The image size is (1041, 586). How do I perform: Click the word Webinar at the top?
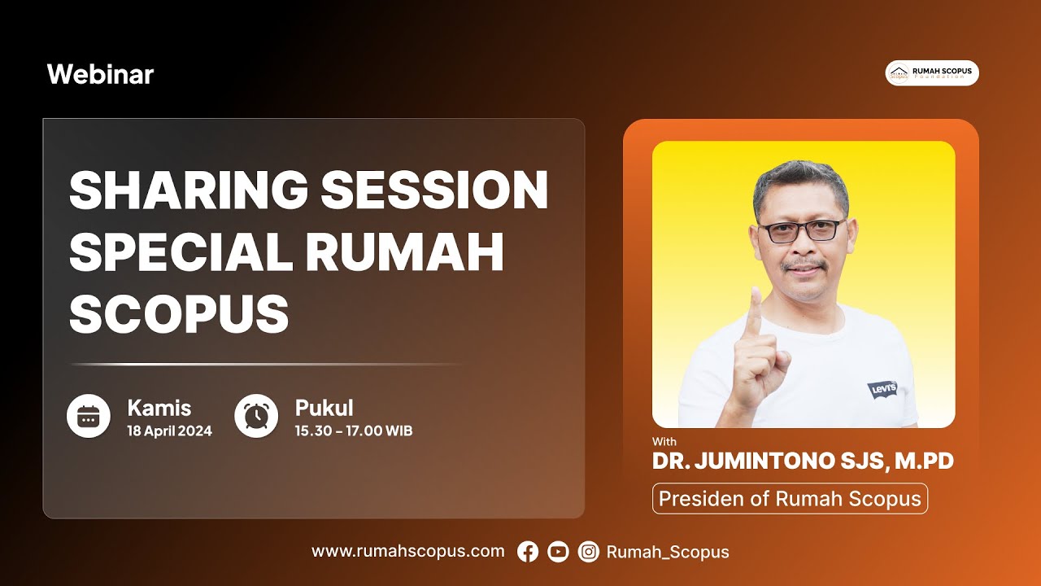(100, 75)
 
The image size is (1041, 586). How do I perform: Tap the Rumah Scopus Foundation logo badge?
(932, 73)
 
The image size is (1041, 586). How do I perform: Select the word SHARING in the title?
(188, 190)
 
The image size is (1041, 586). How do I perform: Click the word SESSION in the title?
(434, 190)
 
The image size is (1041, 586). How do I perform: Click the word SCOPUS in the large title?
(179, 313)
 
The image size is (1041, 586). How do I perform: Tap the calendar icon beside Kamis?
(88, 416)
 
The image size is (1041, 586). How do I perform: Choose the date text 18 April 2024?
(169, 431)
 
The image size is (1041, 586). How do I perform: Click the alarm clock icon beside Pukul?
(256, 416)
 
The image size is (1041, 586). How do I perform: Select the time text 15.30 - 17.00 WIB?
(354, 431)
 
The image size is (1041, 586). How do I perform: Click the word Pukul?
(324, 408)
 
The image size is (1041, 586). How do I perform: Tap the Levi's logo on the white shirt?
(882, 389)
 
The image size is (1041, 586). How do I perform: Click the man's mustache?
(804, 266)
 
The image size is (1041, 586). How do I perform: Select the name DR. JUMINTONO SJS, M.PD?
(803, 461)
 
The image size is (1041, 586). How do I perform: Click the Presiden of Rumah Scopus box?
(790, 498)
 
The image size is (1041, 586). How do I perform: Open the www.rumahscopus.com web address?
(407, 551)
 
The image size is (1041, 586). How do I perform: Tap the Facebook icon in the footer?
(528, 552)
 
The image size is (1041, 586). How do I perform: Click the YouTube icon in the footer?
(558, 552)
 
